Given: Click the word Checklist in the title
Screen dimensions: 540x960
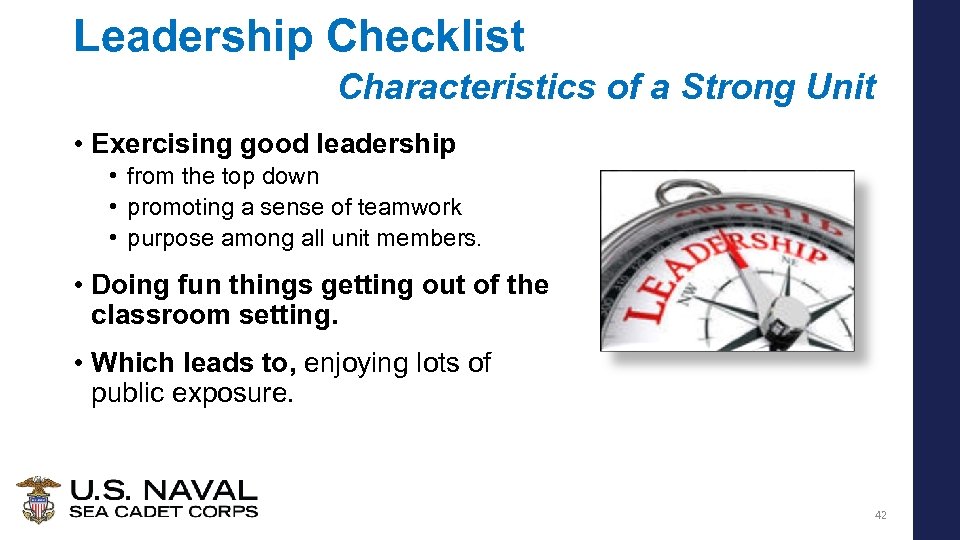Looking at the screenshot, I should [x=425, y=37].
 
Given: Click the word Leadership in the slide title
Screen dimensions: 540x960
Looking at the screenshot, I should [x=193, y=37].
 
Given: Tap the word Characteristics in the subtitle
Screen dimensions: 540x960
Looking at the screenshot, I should [x=467, y=87].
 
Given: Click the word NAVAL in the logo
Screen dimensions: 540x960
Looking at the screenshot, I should [x=204, y=491].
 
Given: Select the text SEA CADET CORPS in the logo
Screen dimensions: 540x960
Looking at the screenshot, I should [x=163, y=512].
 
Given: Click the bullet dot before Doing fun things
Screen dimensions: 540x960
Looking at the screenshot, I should [x=77, y=285].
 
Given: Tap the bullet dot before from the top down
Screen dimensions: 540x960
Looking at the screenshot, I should [x=115, y=176].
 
